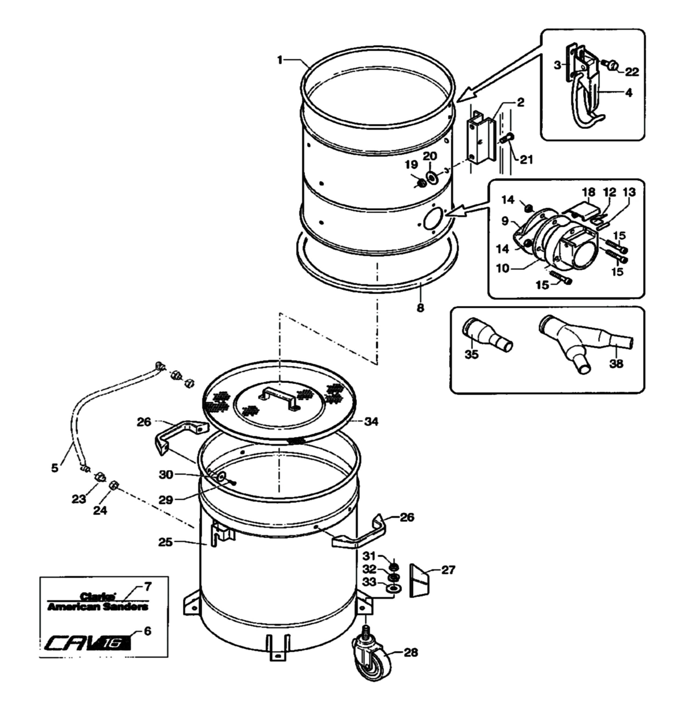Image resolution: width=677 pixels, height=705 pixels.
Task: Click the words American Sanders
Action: point(98,607)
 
